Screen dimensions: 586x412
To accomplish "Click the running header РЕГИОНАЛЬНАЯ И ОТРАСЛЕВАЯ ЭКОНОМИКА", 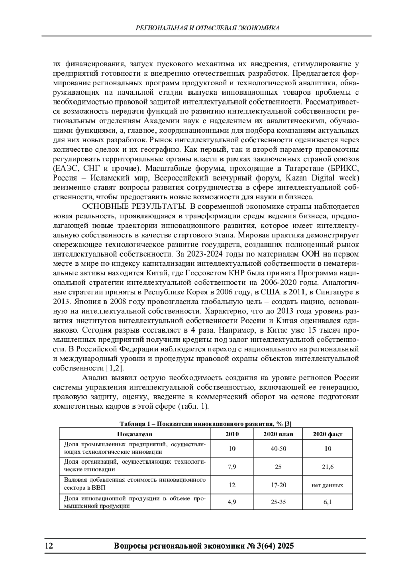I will pyautogui.click(x=207, y=28).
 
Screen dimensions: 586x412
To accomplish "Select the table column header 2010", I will pyautogui.click(x=232, y=434).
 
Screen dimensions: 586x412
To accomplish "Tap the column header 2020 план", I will pyautogui.click(x=278, y=434).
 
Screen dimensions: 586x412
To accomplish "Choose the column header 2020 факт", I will pyautogui.click(x=328, y=434).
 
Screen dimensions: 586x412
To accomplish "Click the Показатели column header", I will pyautogui.click(x=135, y=434).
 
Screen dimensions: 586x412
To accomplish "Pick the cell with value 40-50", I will pyautogui.click(x=278, y=448).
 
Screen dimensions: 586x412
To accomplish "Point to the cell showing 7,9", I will pyautogui.click(x=232, y=467).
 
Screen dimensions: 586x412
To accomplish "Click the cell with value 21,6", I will pyautogui.click(x=328, y=467).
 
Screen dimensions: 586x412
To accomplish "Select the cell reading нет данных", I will pyautogui.click(x=328, y=485).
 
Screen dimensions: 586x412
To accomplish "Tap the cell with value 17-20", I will pyautogui.click(x=278, y=485).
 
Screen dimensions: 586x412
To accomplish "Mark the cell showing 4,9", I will pyautogui.click(x=232, y=502).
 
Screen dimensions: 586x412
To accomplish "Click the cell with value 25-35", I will pyautogui.click(x=278, y=502).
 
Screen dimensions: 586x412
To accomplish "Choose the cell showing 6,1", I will pyautogui.click(x=328, y=502).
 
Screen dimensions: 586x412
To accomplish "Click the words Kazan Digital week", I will pyautogui.click(x=323, y=178).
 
